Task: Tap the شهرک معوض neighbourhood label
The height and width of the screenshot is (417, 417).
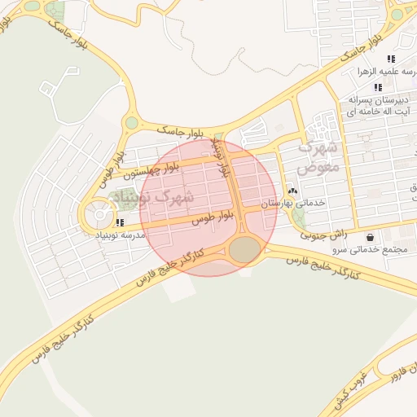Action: pyautogui.click(x=317, y=158)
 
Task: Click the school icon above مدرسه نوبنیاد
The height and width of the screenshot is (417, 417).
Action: pyautogui.click(x=121, y=222)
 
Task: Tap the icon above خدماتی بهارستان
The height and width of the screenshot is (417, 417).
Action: pyautogui.click(x=293, y=191)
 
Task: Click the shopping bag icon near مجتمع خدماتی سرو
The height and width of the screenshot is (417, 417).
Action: pyautogui.click(x=371, y=237)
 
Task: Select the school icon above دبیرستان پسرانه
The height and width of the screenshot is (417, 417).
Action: pyautogui.click(x=378, y=87)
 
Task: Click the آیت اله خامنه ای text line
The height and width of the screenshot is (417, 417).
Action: pyautogui.click(x=380, y=110)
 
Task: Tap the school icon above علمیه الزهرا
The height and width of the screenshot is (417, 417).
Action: pyautogui.click(x=391, y=59)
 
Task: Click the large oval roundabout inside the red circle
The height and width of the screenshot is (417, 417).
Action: pyautogui.click(x=244, y=250)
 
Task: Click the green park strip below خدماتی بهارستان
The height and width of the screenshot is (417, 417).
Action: pyautogui.click(x=298, y=218)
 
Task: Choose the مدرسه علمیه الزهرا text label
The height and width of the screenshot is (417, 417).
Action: pyautogui.click(x=387, y=72)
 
